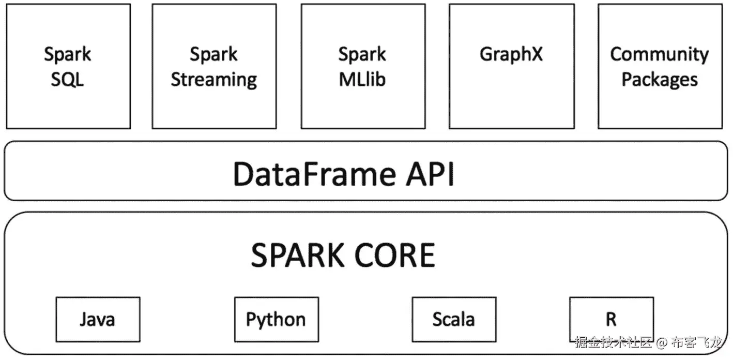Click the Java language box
pyautogui.click(x=97, y=319)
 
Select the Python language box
pyautogui.click(x=276, y=319)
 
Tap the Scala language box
pyautogui.click(x=453, y=319)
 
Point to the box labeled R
pyautogui.click(x=610, y=319)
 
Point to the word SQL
pyautogui.click(x=67, y=80)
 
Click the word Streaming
pyautogui.click(x=213, y=80)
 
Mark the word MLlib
pyautogui.click(x=362, y=80)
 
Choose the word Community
pyautogui.click(x=659, y=54)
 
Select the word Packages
pyautogui.click(x=659, y=80)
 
